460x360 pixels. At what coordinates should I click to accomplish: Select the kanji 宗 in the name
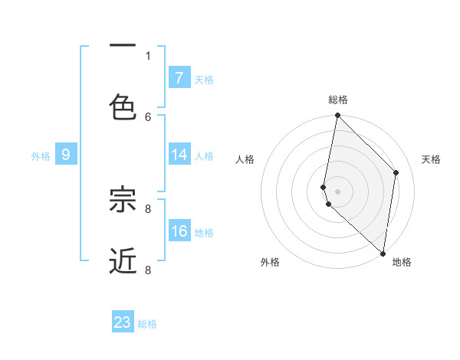[x=123, y=200]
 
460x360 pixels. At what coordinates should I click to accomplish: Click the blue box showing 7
[x=179, y=77]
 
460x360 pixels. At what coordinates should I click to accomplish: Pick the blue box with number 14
[x=179, y=155]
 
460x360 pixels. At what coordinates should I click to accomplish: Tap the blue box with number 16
[x=179, y=231]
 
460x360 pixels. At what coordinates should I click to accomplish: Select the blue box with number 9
[x=66, y=155]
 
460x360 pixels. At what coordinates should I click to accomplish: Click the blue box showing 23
[x=123, y=322]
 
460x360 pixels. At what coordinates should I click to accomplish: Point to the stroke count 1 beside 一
[x=148, y=55]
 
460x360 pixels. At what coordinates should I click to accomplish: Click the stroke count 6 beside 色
[x=148, y=116]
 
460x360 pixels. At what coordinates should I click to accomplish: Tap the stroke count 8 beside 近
[x=148, y=270]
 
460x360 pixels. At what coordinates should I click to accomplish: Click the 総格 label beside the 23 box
[x=147, y=324]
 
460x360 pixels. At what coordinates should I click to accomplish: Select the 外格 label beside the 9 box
[x=41, y=156]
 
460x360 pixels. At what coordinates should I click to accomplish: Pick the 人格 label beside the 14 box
[x=204, y=156]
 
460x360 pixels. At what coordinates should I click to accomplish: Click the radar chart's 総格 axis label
[x=337, y=100]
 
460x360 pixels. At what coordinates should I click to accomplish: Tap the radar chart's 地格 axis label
[x=402, y=262]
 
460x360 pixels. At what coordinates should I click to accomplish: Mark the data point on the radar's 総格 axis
[x=337, y=116]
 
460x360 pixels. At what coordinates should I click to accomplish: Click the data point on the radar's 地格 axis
[x=383, y=254]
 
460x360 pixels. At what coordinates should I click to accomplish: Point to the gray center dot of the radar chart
[x=337, y=191]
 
